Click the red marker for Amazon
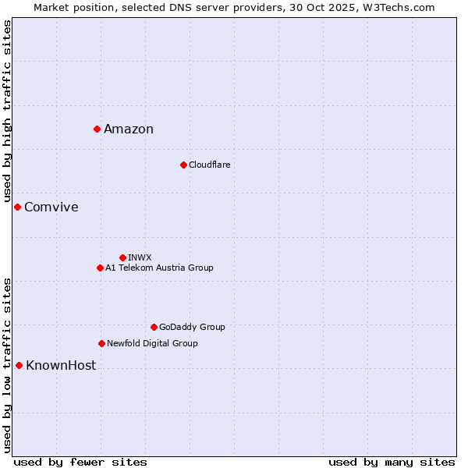(x=97, y=129)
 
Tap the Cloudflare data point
(x=183, y=165)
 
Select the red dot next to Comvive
(x=17, y=207)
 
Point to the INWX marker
(x=122, y=257)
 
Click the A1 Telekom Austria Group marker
(x=100, y=268)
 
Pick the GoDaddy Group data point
(x=154, y=327)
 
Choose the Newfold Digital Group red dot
(x=101, y=343)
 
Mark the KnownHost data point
(x=19, y=365)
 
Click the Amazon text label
(x=129, y=129)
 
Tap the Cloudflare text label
(x=209, y=165)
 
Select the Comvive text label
(x=51, y=207)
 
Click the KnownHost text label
(x=61, y=366)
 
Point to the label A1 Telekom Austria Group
(x=159, y=268)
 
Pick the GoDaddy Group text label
(x=192, y=328)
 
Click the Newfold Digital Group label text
(x=152, y=344)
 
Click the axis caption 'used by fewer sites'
(x=80, y=462)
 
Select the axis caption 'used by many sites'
(x=392, y=462)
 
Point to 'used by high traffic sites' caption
(x=7, y=111)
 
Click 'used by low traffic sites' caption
(x=7, y=364)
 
